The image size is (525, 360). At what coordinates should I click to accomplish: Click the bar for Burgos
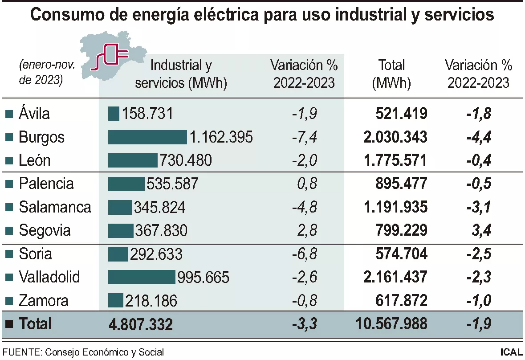click(147, 137)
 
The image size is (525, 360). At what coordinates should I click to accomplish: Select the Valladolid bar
click(142, 277)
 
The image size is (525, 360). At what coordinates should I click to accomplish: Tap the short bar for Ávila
click(114, 114)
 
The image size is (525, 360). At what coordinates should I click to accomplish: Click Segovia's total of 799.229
click(399, 230)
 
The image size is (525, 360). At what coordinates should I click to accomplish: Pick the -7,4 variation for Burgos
click(305, 137)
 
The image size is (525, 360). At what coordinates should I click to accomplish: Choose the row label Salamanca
click(55, 207)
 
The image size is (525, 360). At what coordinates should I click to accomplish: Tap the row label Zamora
click(44, 301)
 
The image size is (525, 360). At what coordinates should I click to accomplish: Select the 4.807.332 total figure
click(141, 324)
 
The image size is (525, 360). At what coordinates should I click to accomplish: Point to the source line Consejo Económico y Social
click(83, 352)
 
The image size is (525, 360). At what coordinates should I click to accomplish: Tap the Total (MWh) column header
click(391, 74)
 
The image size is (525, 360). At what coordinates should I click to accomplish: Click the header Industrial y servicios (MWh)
click(181, 74)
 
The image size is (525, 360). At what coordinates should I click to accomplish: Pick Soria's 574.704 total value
click(399, 254)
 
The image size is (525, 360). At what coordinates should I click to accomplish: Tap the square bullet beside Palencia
click(8, 184)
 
